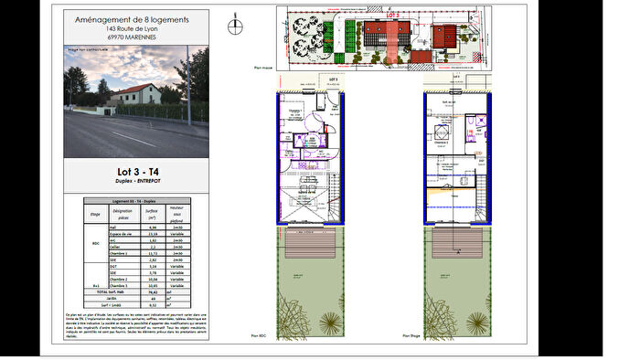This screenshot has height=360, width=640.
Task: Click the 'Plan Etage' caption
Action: [400, 336]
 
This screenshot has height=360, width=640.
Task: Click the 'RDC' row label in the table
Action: [95, 244]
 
